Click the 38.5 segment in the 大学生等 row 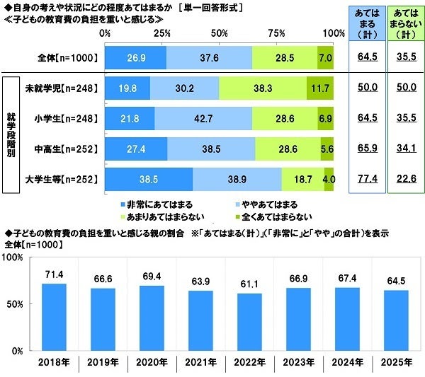pos(148,179)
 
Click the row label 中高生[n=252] pos(62,149)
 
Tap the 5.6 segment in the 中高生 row pos(327,149)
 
